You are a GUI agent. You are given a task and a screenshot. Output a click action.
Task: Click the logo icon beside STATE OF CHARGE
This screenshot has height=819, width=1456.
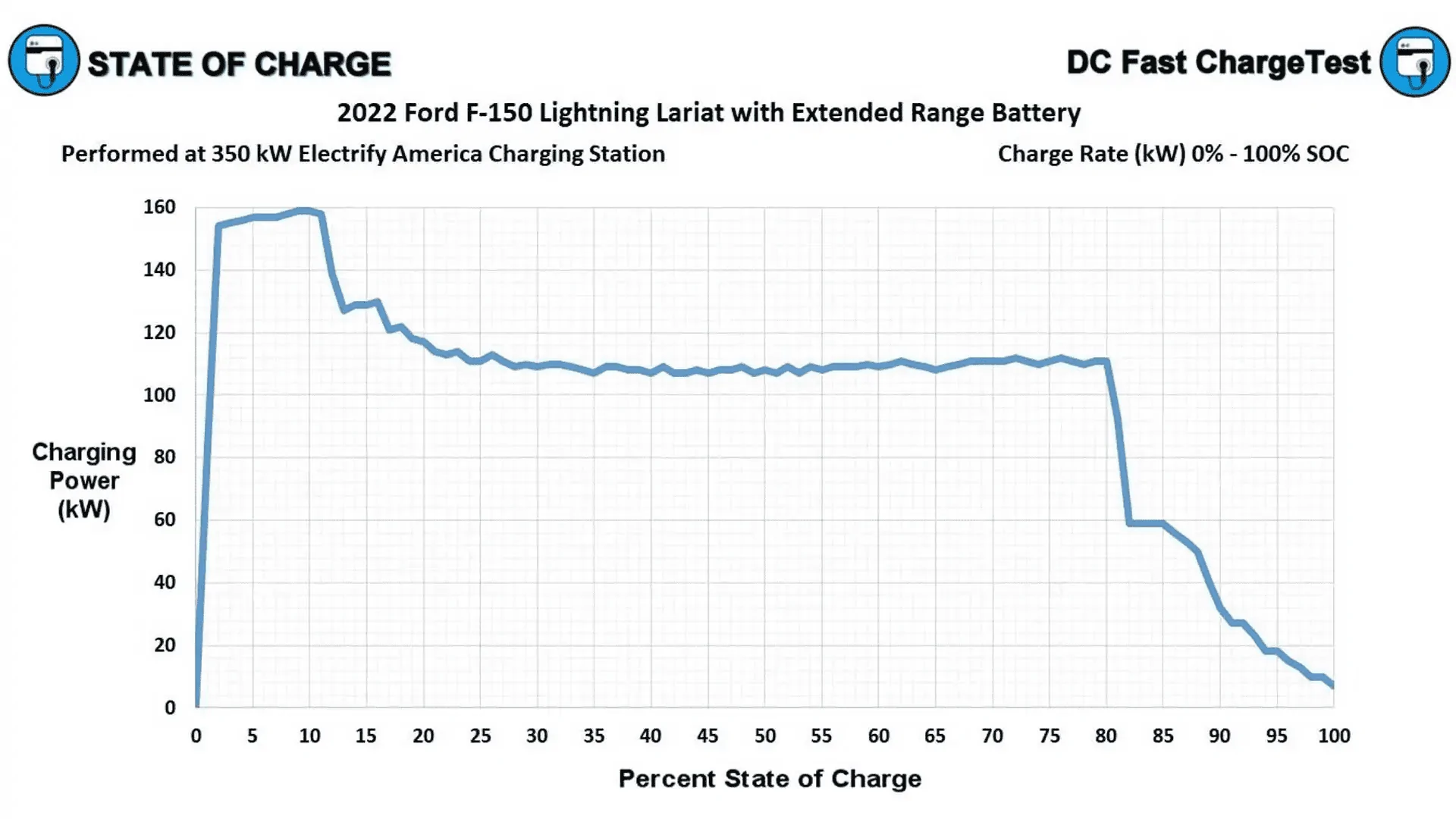point(44,61)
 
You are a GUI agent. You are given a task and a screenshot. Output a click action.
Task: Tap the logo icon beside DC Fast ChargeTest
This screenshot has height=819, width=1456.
point(1415,62)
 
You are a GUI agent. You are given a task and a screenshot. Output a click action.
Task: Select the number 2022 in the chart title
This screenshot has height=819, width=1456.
point(367,113)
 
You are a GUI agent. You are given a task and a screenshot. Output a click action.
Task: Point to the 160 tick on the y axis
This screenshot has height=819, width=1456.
point(159,207)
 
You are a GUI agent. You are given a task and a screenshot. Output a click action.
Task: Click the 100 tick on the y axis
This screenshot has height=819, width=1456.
point(159,395)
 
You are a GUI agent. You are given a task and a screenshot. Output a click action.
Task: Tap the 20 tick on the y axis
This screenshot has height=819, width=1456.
point(165,645)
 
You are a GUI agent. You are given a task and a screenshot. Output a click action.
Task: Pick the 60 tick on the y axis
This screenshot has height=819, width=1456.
point(165,520)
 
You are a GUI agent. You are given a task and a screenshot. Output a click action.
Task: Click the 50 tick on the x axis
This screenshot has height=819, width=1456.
point(764,736)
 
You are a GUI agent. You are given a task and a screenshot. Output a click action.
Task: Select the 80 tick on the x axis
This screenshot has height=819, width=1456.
point(1106,736)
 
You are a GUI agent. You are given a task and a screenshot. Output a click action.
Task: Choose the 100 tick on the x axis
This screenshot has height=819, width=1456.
point(1334,736)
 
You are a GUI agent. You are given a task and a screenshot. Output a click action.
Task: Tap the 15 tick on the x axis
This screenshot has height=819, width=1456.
point(366,736)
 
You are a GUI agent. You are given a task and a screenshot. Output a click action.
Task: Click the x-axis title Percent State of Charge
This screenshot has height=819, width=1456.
point(770,779)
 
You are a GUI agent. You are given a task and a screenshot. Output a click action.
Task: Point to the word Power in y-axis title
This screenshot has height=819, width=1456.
point(84,481)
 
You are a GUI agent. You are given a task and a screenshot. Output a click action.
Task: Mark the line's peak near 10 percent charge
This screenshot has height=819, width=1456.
point(305,210)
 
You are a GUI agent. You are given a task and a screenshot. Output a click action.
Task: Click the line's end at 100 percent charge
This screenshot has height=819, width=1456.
point(1332,684)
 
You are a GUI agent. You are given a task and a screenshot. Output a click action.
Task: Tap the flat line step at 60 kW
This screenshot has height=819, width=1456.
point(1146,523)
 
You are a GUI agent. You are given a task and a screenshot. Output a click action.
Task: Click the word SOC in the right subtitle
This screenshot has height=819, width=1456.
point(1326,154)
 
